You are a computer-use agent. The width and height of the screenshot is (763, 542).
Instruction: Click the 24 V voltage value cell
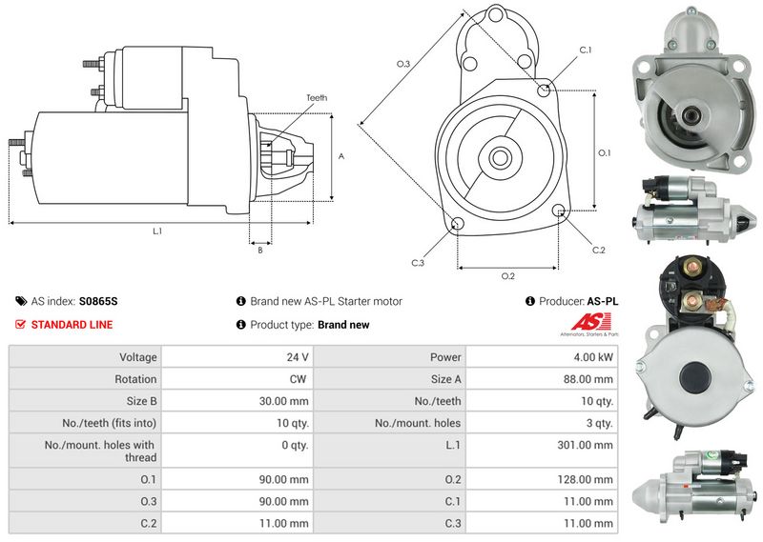(296, 357)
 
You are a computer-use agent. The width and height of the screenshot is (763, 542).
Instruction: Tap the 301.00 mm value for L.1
(590, 445)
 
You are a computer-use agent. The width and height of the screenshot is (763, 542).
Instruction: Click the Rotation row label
(135, 379)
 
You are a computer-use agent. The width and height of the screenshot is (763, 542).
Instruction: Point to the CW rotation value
(298, 379)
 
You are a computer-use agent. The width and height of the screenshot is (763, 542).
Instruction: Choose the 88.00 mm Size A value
(590, 379)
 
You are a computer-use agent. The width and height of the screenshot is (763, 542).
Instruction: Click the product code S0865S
(98, 301)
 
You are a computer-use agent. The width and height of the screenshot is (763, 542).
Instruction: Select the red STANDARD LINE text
(72, 325)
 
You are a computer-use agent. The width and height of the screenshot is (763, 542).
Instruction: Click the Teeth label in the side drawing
(317, 97)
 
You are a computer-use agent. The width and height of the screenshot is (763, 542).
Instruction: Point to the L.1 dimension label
(156, 231)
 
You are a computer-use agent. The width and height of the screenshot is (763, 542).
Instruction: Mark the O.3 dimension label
(402, 64)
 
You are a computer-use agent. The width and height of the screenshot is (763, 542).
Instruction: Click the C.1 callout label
(586, 50)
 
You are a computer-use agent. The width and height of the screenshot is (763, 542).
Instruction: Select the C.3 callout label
(418, 262)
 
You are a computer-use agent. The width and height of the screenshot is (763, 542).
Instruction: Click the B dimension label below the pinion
(260, 251)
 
